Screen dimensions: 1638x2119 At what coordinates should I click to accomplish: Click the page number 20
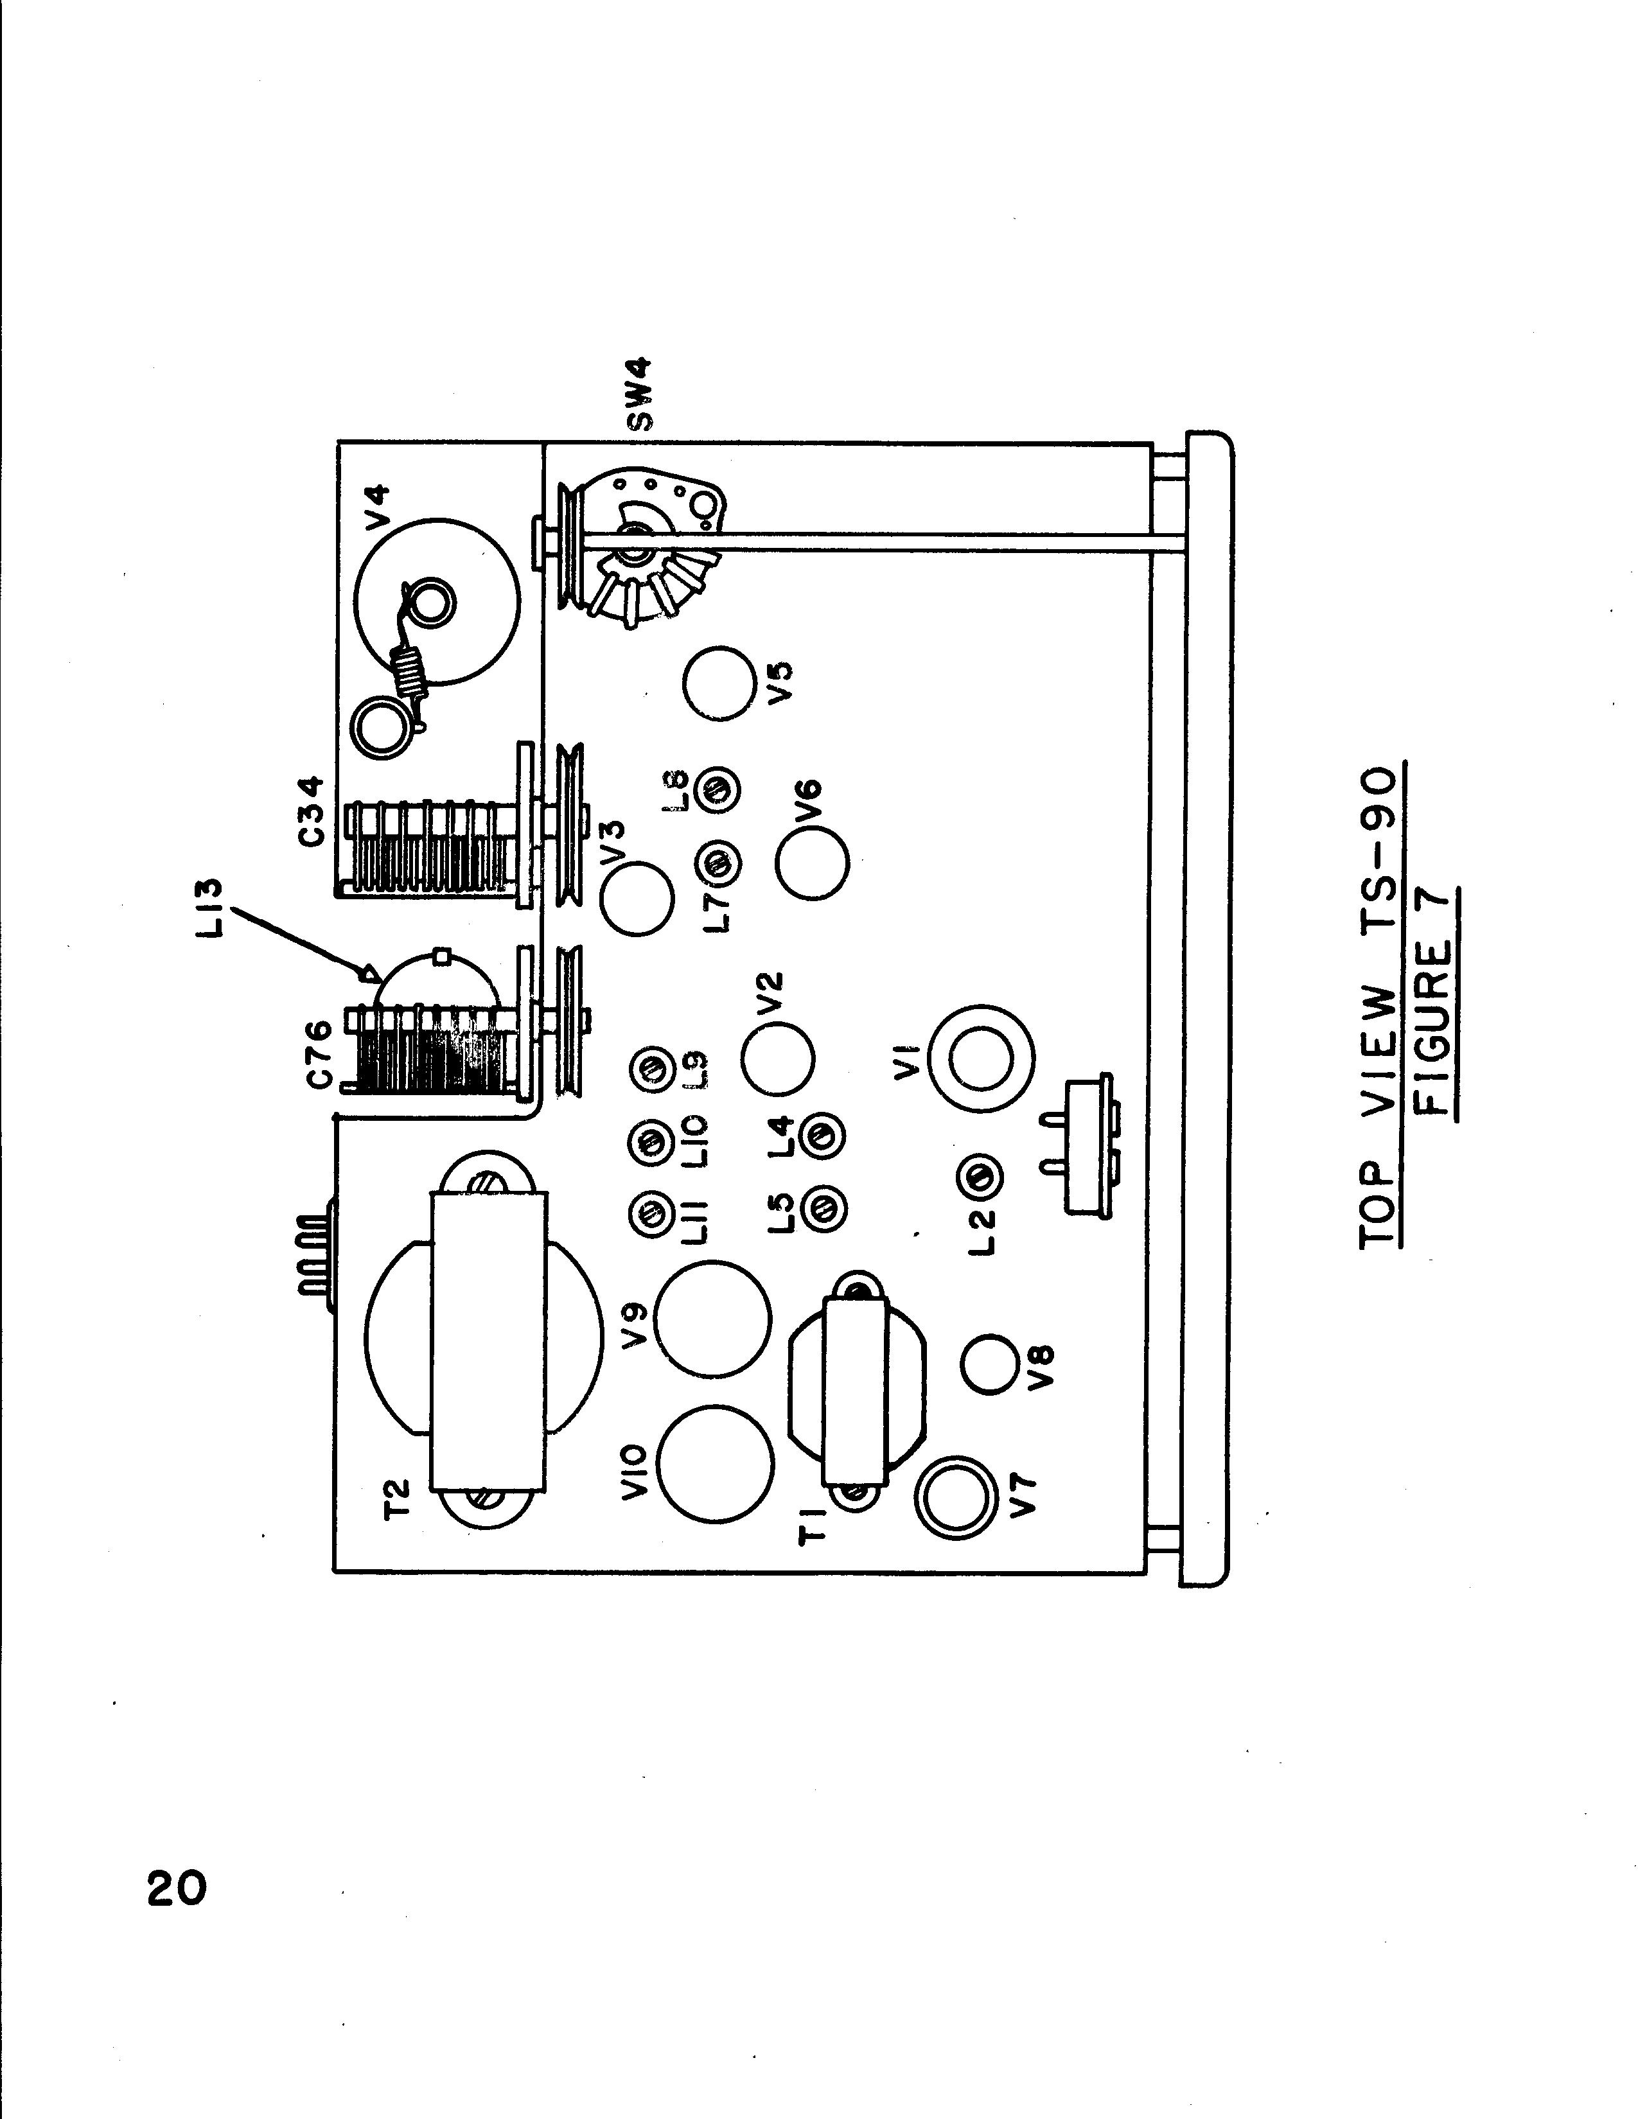[177, 1889]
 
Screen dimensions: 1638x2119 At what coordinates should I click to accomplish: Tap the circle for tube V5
[718, 683]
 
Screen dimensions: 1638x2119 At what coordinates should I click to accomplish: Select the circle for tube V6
[812, 861]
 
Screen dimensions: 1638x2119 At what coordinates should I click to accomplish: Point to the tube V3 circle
[637, 899]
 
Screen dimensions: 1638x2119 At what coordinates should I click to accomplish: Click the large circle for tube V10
[715, 1464]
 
